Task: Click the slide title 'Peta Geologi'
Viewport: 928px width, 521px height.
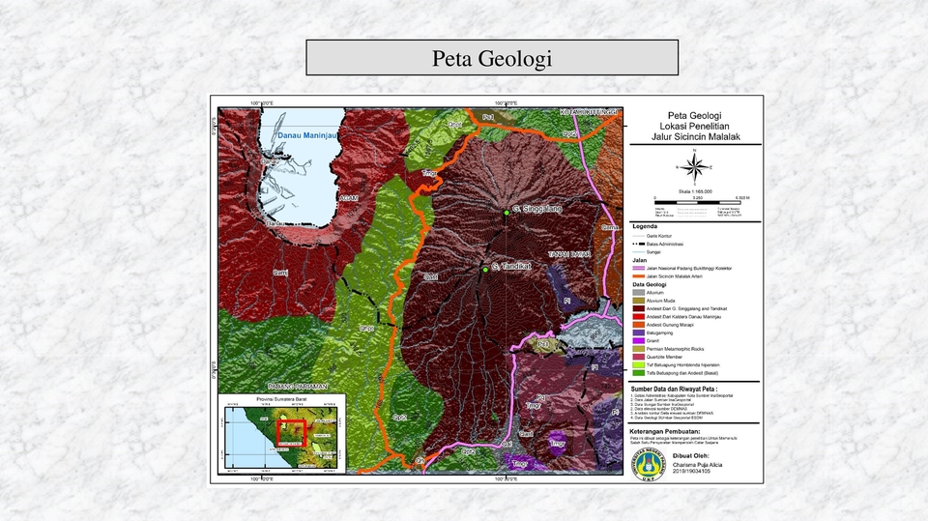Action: pyautogui.click(x=493, y=58)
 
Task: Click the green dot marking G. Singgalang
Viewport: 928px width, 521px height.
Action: pyautogui.click(x=506, y=211)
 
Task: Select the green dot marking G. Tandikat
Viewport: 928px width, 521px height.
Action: pyautogui.click(x=485, y=270)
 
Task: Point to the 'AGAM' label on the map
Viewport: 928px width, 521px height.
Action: pyautogui.click(x=348, y=198)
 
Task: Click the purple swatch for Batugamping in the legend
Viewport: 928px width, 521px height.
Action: pyautogui.click(x=639, y=333)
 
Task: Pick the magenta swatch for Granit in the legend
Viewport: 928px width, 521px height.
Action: pyautogui.click(x=639, y=340)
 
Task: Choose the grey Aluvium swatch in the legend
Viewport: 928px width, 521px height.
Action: pyautogui.click(x=639, y=292)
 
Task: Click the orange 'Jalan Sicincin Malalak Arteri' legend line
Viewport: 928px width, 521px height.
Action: pyautogui.click(x=639, y=275)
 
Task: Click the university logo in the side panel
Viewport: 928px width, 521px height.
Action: pyautogui.click(x=645, y=461)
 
